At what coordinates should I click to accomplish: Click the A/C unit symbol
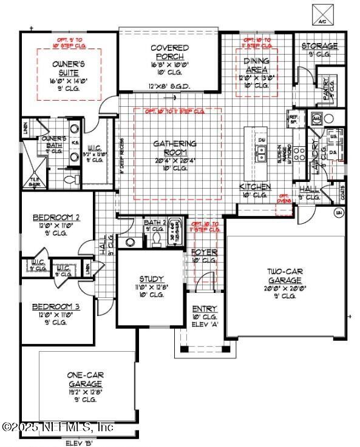pos(322,13)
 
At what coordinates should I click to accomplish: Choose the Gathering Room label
pos(174,147)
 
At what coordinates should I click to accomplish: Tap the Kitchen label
pos(255,187)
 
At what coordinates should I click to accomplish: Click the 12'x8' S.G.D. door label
pos(169,86)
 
